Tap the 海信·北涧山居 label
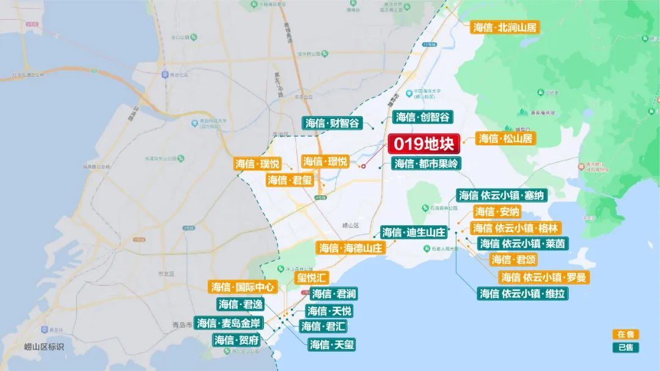click(x=505, y=27)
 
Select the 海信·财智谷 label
click(x=332, y=123)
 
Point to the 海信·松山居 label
click(x=505, y=139)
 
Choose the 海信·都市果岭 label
click(x=426, y=164)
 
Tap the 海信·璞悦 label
click(x=257, y=164)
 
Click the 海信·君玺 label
click(x=289, y=180)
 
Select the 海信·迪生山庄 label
click(x=414, y=232)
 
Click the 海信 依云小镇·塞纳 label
click(x=501, y=195)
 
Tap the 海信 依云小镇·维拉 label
click(x=522, y=294)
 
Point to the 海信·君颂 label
click(x=514, y=259)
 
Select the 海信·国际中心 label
click(x=243, y=287)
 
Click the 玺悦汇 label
click(x=312, y=278)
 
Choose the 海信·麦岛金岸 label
click(x=229, y=323)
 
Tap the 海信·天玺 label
click(x=332, y=345)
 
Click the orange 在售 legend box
click(x=626, y=334)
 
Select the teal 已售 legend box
click(x=626, y=347)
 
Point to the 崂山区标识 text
click(x=44, y=347)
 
